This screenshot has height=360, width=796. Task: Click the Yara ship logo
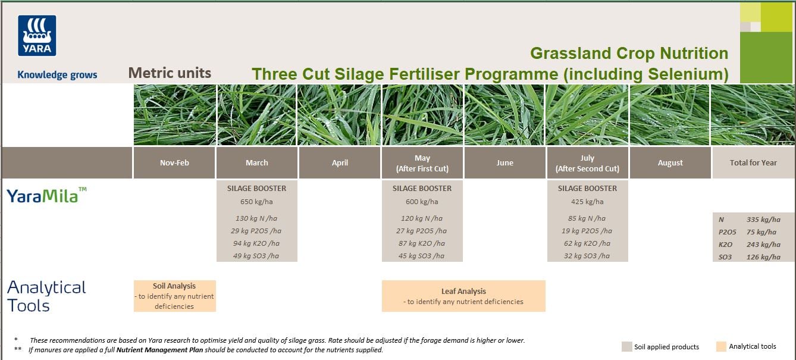[x=37, y=36]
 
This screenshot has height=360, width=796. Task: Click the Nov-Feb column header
[x=174, y=163]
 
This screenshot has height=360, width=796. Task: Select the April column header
[x=340, y=163]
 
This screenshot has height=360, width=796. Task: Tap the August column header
[x=670, y=163]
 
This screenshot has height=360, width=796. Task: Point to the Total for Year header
[x=753, y=163]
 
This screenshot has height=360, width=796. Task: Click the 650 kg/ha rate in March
[x=256, y=202]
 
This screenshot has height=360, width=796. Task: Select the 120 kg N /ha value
[x=422, y=218]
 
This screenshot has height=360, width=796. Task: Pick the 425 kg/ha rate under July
[x=587, y=202]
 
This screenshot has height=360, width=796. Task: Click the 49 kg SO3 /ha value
[x=256, y=256]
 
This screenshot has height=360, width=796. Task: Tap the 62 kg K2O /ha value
[x=587, y=243]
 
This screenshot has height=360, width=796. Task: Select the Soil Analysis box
[x=174, y=296]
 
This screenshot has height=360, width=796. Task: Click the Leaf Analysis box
[x=463, y=296]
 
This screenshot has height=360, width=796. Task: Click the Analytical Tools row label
[x=46, y=296]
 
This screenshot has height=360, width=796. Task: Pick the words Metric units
[x=170, y=73]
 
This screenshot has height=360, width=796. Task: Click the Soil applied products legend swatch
[x=626, y=347]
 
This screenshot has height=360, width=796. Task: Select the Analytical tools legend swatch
[x=721, y=347]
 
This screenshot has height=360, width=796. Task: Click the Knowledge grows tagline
[x=57, y=75]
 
